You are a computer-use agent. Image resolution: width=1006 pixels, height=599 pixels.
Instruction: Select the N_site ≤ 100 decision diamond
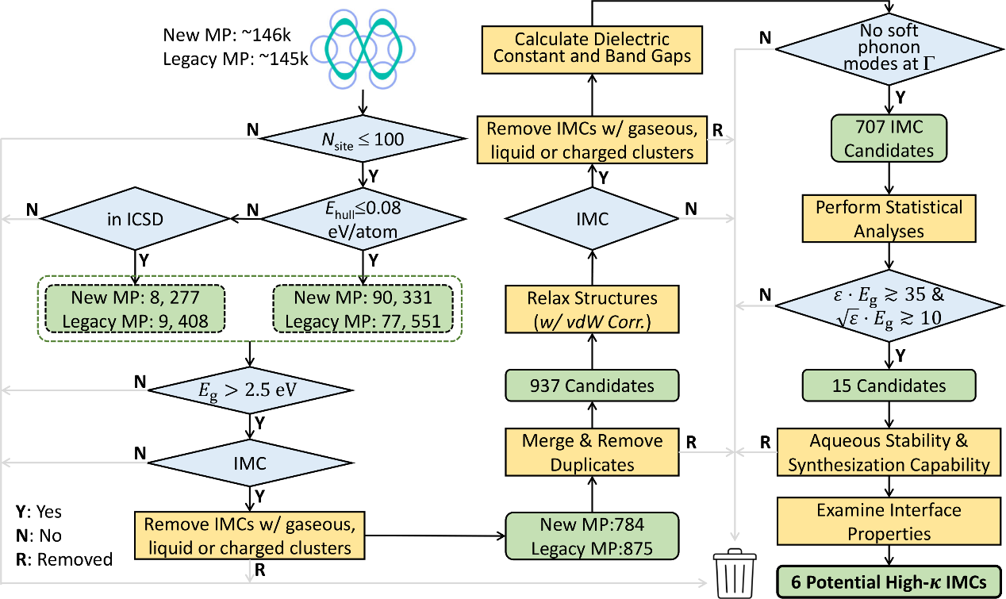coord(363,140)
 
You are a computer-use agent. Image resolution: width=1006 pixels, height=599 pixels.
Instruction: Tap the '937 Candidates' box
coord(593,386)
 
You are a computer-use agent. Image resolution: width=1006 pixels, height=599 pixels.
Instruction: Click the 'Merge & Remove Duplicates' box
coord(593,451)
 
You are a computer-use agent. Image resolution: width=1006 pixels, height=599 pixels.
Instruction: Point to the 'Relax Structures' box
coord(593,309)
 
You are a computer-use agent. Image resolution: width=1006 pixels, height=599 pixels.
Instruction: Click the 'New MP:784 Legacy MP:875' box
coord(593,536)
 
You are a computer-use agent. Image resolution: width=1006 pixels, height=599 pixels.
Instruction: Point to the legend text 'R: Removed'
coord(64,559)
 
